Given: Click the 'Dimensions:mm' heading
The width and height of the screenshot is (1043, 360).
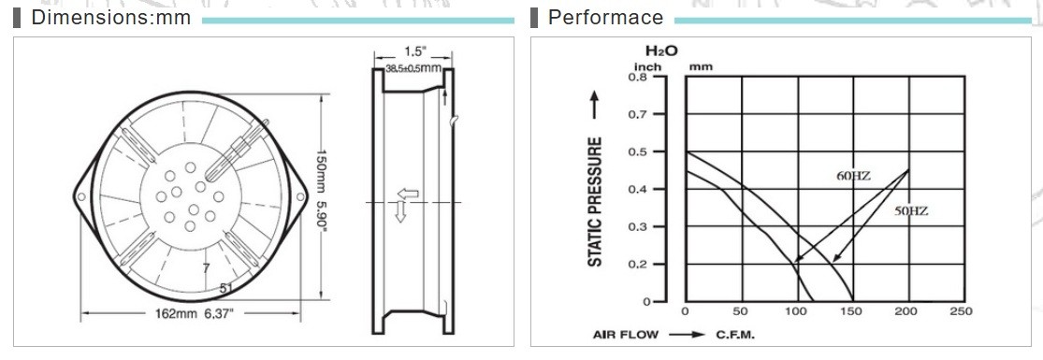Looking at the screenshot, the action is [x=110, y=18].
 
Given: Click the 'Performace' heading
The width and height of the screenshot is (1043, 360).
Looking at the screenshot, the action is [x=605, y=18].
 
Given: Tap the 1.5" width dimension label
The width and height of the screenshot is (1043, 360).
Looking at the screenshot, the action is [x=413, y=52].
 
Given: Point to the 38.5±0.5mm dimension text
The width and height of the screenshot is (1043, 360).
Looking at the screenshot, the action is [x=413, y=68].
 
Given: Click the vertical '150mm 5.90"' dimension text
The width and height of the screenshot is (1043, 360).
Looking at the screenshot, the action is [x=322, y=197].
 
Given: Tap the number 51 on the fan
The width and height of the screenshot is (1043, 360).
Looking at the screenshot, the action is [x=226, y=287].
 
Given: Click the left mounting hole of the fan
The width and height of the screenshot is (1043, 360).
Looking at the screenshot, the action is [x=81, y=197].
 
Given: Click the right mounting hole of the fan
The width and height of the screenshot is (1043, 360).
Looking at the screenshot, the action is [x=299, y=197].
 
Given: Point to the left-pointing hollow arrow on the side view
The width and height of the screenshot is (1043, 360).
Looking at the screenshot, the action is [x=408, y=194].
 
